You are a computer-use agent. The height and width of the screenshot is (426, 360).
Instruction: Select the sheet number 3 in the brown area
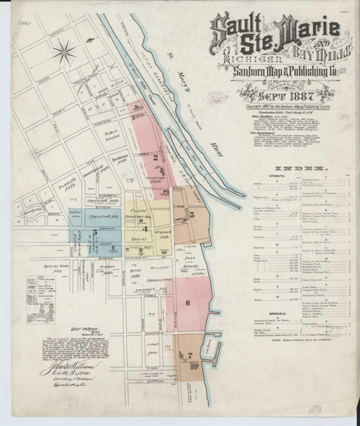click(x=192, y=214)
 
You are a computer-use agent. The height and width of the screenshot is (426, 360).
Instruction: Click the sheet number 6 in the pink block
click(x=187, y=303)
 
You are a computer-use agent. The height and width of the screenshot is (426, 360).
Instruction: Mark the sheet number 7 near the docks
click(x=189, y=355)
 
